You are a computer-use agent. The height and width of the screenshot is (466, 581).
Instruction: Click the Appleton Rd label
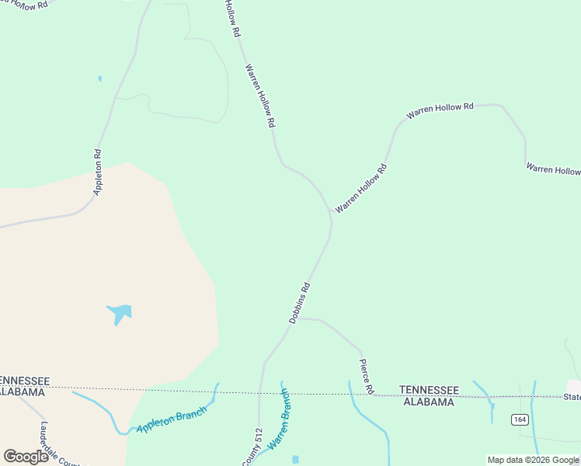point(98,172)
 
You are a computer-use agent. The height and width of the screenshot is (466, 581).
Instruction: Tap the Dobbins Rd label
point(300,303)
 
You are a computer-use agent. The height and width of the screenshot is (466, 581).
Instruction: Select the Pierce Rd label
point(367,376)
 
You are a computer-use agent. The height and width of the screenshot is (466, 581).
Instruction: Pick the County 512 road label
point(252,447)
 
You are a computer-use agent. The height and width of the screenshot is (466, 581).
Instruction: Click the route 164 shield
point(520,419)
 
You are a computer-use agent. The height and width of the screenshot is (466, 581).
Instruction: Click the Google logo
point(26,457)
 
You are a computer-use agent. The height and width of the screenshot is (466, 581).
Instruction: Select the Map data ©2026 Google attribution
point(533,460)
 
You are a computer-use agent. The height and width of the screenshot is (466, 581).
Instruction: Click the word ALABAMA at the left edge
point(22,392)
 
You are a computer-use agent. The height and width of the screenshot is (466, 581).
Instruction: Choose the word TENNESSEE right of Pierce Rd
point(429,389)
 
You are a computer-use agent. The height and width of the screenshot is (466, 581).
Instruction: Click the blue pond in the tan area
point(120,312)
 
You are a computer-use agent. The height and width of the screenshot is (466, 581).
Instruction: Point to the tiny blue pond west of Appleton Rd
point(99,78)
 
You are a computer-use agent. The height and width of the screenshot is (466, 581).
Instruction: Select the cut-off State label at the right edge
point(572,397)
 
